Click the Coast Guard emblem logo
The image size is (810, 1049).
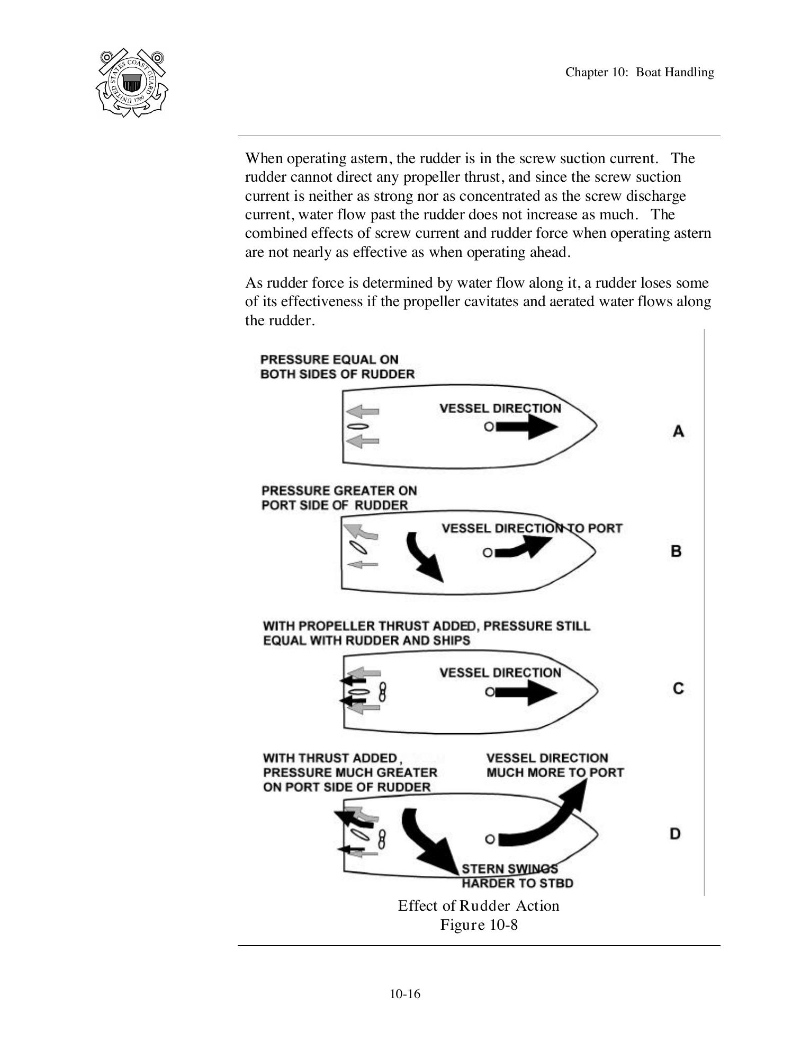pyautogui.click(x=132, y=83)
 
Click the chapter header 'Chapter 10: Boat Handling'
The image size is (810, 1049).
pyautogui.click(x=639, y=72)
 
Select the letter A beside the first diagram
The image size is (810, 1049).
pyautogui.click(x=678, y=431)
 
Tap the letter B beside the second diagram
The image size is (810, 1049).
pyautogui.click(x=676, y=551)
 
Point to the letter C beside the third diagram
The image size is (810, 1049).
pyautogui.click(x=678, y=688)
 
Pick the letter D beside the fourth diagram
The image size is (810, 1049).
pyautogui.click(x=675, y=833)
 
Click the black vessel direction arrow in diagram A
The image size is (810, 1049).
pyautogui.click(x=527, y=426)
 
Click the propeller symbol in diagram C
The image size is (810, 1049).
pyautogui.click(x=383, y=692)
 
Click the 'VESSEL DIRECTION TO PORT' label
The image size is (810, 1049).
pyautogui.click(x=532, y=528)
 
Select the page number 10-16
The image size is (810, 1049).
pyautogui.click(x=405, y=993)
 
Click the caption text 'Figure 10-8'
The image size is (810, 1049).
pyautogui.click(x=479, y=925)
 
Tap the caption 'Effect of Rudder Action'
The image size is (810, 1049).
pyautogui.click(x=479, y=906)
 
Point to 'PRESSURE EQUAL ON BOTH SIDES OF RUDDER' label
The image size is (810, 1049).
pyautogui.click(x=337, y=367)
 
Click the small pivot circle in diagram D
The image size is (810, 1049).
pyautogui.click(x=490, y=839)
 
